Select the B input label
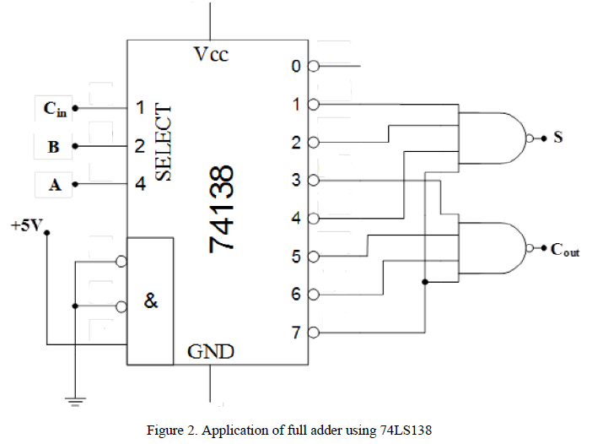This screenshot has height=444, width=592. [x=54, y=147]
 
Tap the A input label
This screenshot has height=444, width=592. [x=54, y=185]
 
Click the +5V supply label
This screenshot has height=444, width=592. [x=24, y=226]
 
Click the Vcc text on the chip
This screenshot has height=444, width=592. [x=211, y=55]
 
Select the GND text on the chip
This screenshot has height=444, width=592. [x=210, y=350]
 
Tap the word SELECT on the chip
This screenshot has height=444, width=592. [x=164, y=143]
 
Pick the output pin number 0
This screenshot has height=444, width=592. [x=295, y=66]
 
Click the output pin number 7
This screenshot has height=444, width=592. [x=295, y=333]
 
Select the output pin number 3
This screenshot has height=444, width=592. [x=295, y=180]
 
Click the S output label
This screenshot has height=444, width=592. [x=557, y=137]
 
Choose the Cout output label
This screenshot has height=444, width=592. [x=564, y=250]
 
